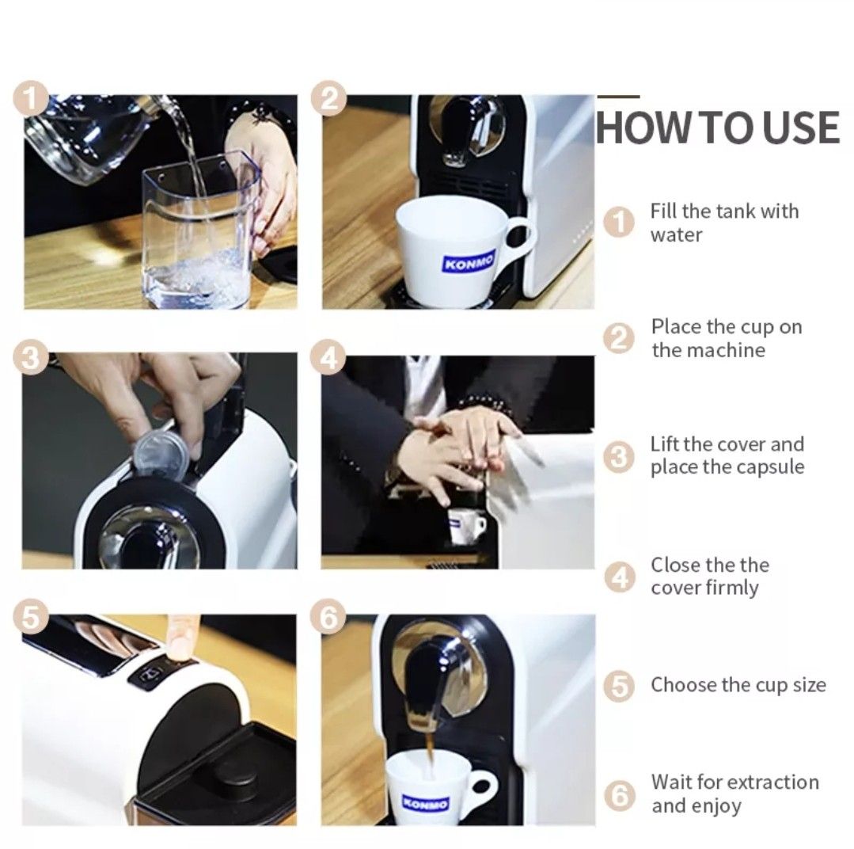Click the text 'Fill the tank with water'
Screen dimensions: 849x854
pyautogui.click(x=724, y=223)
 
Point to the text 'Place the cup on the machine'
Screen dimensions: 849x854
pyautogui.click(x=726, y=339)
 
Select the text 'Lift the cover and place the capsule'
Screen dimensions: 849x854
pyautogui.click(x=727, y=456)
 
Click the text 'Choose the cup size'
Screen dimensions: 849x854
pyautogui.click(x=738, y=685)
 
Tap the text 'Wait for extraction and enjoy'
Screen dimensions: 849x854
pyautogui.click(x=734, y=794)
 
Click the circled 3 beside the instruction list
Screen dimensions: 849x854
pyautogui.click(x=620, y=458)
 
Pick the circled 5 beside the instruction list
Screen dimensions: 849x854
pyautogui.click(x=620, y=686)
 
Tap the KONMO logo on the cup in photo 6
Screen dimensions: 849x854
pyautogui.click(x=425, y=803)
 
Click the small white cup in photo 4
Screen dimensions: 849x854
pyautogui.click(x=465, y=526)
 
